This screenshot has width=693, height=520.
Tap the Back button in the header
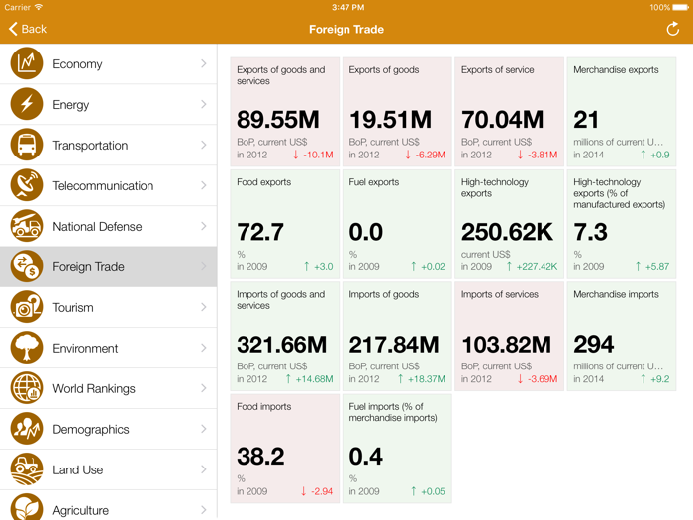[28, 29]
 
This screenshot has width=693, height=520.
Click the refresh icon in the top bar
[672, 29]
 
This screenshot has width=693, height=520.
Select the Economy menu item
[77, 64]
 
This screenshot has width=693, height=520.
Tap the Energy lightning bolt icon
[27, 104]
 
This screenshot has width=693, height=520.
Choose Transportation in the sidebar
[90, 146]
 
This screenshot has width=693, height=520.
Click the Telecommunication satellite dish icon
[27, 185]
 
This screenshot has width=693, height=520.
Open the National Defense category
[97, 227]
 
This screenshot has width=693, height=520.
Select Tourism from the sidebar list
[74, 308]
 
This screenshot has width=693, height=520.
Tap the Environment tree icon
[27, 348]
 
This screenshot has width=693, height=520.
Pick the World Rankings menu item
[94, 389]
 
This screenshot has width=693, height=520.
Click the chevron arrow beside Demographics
[204, 429]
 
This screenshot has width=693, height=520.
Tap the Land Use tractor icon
[27, 469]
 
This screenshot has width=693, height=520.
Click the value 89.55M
[277, 120]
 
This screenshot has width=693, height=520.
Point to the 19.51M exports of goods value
[390, 120]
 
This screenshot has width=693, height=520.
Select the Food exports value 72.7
[260, 232]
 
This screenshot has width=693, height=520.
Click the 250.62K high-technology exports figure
[507, 232]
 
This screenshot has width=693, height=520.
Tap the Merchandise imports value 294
[594, 344]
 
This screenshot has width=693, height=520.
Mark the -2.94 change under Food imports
[317, 491]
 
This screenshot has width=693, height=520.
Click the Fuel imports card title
[393, 412]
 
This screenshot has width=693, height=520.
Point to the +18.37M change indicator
[422, 379]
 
